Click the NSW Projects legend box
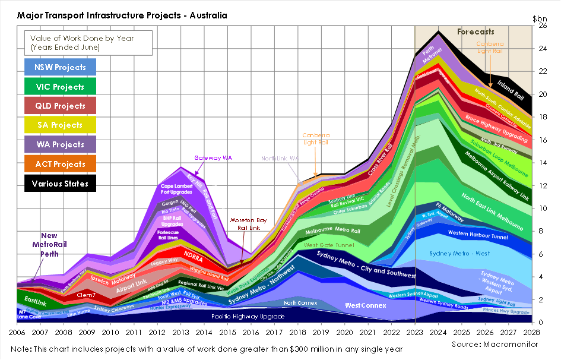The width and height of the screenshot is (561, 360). [60, 67]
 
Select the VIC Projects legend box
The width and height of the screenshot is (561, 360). [60, 87]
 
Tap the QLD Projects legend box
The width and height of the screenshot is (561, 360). [60, 106]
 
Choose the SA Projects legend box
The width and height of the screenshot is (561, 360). [60, 125]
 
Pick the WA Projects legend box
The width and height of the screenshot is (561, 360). [60, 144]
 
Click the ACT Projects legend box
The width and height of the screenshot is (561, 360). [60, 164]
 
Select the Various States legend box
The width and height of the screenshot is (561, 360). [60, 184]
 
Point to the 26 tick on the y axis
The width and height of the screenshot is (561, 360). [542, 26]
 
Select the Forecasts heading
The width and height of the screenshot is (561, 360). [476, 32]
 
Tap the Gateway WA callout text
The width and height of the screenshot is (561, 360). [213, 158]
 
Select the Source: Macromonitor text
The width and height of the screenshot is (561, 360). [495, 344]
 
